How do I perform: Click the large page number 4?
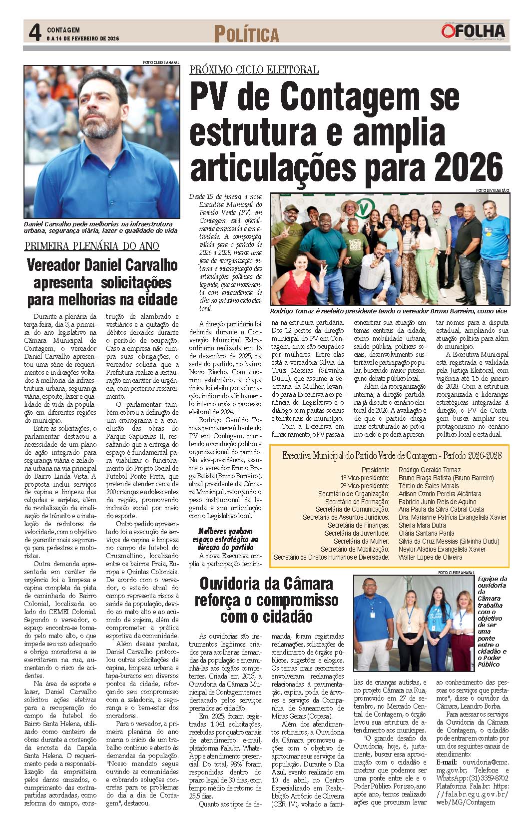point(34,33)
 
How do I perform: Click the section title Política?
point(246,34)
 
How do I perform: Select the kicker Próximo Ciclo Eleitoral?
point(254,70)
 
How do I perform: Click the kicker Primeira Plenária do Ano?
point(92,246)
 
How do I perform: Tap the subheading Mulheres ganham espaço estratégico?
point(225,539)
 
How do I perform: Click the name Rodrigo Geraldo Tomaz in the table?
point(430,470)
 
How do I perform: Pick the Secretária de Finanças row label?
point(358,525)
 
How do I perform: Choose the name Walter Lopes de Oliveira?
point(430,557)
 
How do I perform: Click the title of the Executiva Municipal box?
point(392,456)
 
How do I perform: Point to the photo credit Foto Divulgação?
point(492,190)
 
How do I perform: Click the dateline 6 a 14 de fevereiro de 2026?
point(83,38)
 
